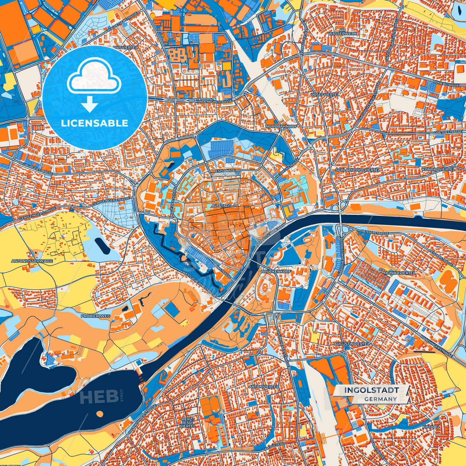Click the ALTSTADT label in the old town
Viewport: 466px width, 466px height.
coord(221,205)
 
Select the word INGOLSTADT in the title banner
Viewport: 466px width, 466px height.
coord(371,390)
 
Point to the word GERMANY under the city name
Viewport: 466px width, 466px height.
coord(381,399)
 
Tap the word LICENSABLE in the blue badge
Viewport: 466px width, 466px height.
coord(94,123)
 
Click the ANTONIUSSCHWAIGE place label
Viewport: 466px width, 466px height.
coord(32,261)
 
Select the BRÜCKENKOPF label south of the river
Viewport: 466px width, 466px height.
coord(276,272)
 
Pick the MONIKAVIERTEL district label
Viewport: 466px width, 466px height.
coord(400,273)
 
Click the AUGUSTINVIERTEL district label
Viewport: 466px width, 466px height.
coord(352,344)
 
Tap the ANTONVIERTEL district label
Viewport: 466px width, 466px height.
coord(264,386)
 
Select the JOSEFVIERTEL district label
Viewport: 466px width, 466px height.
coord(325,94)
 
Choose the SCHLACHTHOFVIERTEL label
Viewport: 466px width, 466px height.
coord(358,170)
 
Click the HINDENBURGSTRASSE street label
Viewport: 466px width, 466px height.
coord(214,101)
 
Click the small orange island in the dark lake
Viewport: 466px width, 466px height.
coord(100,413)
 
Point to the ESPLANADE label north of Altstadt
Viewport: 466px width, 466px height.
coord(225,170)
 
